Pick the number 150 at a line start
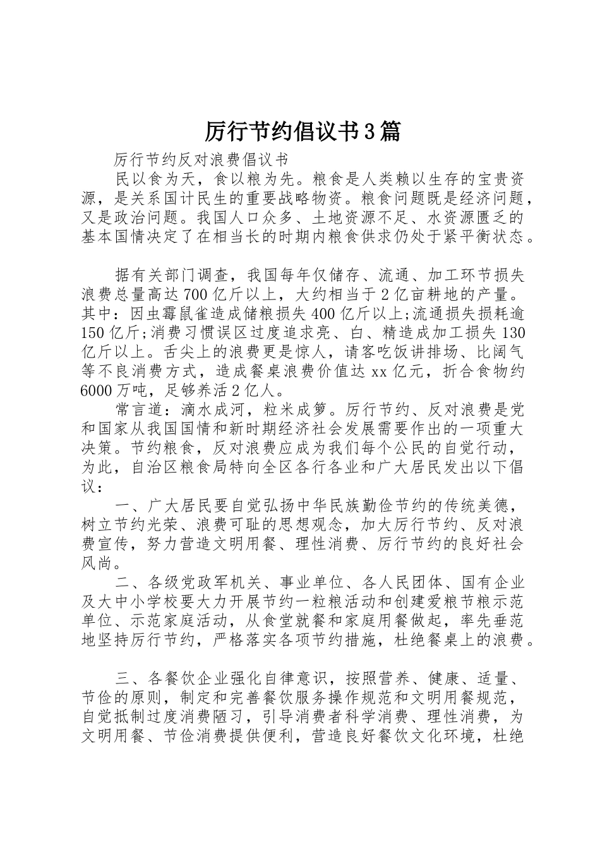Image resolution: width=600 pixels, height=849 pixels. point(95,332)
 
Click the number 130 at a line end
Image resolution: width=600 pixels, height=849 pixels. point(512,332)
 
